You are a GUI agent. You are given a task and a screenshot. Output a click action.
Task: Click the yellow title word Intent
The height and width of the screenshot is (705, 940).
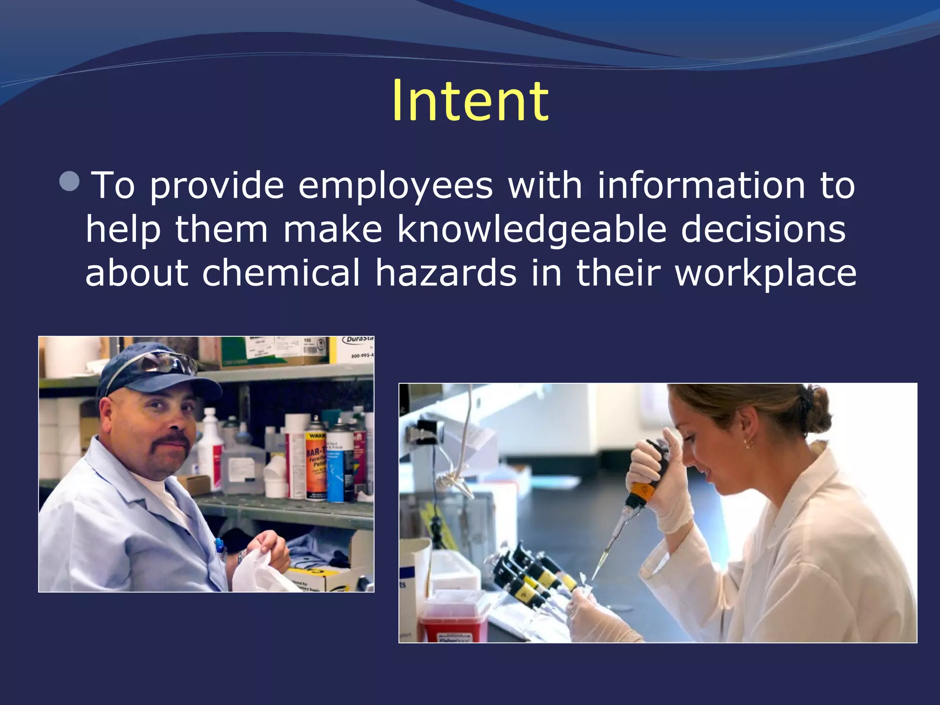(470, 101)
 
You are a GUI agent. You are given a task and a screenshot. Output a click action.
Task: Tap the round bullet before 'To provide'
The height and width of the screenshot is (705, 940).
(70, 182)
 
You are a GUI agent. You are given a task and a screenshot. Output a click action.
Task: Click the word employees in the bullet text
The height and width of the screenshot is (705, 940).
(395, 186)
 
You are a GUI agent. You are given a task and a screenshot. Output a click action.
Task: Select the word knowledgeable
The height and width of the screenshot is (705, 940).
(532, 229)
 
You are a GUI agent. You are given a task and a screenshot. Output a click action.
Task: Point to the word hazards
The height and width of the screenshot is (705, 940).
(446, 273)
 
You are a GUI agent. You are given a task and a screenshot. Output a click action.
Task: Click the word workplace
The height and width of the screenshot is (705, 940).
(765, 274)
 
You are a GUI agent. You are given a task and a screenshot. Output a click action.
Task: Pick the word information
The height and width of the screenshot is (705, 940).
(701, 185)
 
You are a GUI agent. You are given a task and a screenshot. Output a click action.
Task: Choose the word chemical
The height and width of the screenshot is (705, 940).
(281, 273)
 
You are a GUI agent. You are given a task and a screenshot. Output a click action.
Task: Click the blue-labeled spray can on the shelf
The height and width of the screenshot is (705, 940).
(340, 464)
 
